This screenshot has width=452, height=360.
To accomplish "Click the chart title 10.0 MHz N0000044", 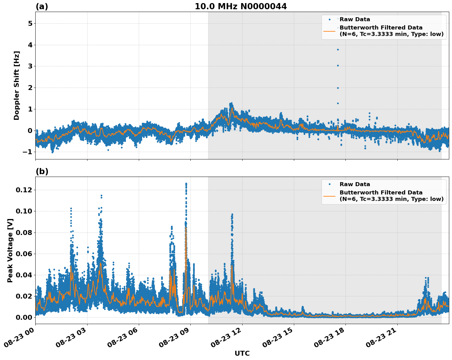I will point(241,6).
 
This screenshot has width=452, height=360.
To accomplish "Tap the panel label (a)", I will point(42,6).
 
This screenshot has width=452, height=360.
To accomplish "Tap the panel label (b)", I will point(42,171).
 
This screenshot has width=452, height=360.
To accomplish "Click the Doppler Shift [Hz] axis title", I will point(17,85).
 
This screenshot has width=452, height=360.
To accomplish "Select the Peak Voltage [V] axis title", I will point(10,250).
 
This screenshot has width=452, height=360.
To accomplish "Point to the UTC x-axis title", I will point(242,353).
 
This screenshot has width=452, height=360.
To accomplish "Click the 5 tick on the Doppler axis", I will point(30,24).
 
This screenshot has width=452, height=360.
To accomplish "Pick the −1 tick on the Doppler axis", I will point(27,152).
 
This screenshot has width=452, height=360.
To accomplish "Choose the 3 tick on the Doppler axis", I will point(30,66).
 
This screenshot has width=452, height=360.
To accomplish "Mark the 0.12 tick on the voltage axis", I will point(24,190).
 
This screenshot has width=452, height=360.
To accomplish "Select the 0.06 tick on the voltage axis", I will point(24,254).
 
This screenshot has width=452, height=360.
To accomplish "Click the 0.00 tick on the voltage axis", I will point(24,317).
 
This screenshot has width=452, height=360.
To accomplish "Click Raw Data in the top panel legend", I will point(355,20).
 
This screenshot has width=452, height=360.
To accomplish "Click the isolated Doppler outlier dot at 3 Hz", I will point(338,65).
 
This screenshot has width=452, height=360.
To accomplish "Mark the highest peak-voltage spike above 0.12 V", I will point(186,184).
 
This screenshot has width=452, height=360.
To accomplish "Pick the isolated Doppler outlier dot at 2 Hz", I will point(338,88).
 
